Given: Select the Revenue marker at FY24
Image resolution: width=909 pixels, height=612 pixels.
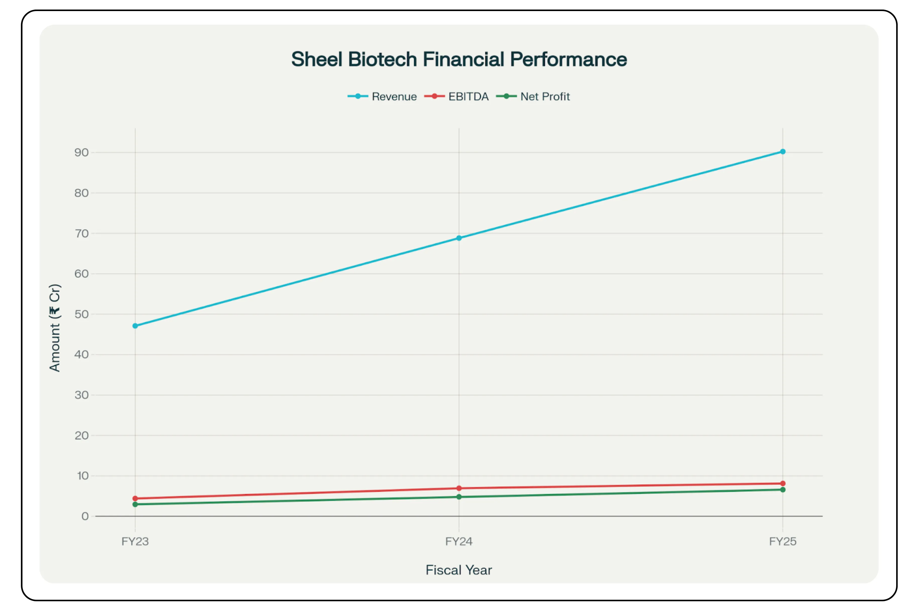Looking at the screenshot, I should tap(459, 238).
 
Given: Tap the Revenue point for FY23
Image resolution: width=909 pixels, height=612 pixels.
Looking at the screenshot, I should tap(135, 326).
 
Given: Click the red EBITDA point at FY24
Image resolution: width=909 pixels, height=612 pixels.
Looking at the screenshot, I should tap(459, 488).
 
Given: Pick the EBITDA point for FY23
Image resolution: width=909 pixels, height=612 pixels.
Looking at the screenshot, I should tap(135, 498).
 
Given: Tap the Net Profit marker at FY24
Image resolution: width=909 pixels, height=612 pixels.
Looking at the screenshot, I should tap(459, 497).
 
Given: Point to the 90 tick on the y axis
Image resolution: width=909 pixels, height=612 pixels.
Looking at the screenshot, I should tap(81, 152).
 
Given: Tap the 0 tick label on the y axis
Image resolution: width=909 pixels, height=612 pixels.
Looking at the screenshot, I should tap(85, 516).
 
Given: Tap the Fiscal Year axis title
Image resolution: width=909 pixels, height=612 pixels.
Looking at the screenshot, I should tap(459, 570).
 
